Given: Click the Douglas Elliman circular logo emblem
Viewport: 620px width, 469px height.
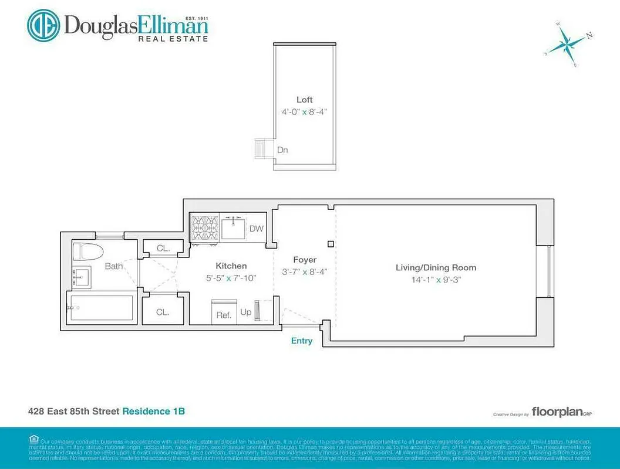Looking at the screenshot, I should [44, 25].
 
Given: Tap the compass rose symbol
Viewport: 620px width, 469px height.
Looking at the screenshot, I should [567, 44].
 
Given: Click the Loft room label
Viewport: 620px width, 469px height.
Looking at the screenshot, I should [304, 100].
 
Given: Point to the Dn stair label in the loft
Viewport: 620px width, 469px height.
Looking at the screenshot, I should [282, 150].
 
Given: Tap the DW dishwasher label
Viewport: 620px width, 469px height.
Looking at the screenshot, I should [257, 229].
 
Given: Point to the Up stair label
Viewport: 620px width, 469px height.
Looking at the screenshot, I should [246, 312].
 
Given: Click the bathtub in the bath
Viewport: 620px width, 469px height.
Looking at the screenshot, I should [101, 307].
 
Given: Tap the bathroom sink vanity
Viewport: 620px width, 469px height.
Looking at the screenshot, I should [81, 277].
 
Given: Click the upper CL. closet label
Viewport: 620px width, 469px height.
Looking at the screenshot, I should [163, 249].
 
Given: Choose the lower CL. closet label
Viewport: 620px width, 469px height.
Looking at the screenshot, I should [163, 312].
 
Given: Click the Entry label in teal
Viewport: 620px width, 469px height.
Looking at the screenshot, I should [302, 341].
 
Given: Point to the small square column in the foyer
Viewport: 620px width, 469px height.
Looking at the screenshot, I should [331, 244].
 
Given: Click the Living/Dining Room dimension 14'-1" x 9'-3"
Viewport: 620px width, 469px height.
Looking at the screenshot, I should [436, 280].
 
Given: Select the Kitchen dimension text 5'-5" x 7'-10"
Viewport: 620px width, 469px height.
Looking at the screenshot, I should [231, 277].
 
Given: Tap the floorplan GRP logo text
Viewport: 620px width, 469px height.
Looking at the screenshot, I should [557, 412].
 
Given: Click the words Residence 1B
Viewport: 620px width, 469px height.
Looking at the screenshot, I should [153, 412].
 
